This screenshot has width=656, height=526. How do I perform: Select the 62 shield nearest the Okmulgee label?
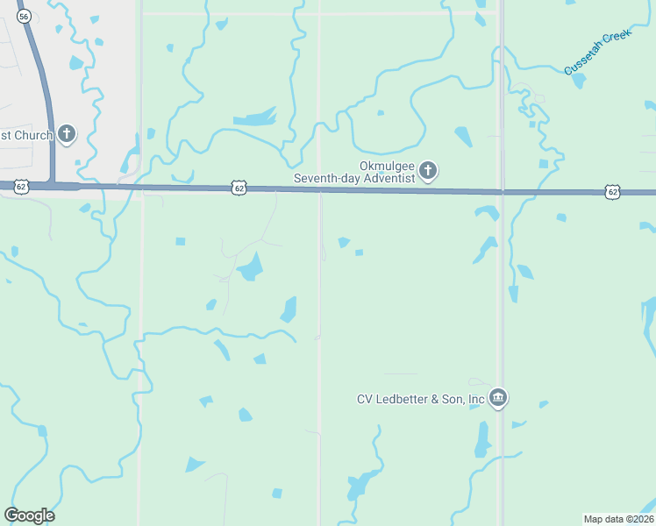tap(239, 188)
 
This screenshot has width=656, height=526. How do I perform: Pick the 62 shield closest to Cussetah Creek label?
tap(612, 191)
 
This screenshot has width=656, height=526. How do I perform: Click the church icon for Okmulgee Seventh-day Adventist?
tap(427, 171)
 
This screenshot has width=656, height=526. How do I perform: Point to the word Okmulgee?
tap(386, 166)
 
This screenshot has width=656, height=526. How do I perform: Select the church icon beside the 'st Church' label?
tap(67, 135)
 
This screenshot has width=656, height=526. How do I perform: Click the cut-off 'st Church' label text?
tap(27, 135)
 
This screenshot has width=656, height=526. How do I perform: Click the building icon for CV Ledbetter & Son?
tap(498, 399)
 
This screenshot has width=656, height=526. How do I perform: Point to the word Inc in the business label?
tap(476, 400)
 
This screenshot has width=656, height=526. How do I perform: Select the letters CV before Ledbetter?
tap(365, 400)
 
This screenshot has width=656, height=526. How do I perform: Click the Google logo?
tap(29, 515)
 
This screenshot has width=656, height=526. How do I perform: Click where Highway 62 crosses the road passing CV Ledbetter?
tap(502, 191)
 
